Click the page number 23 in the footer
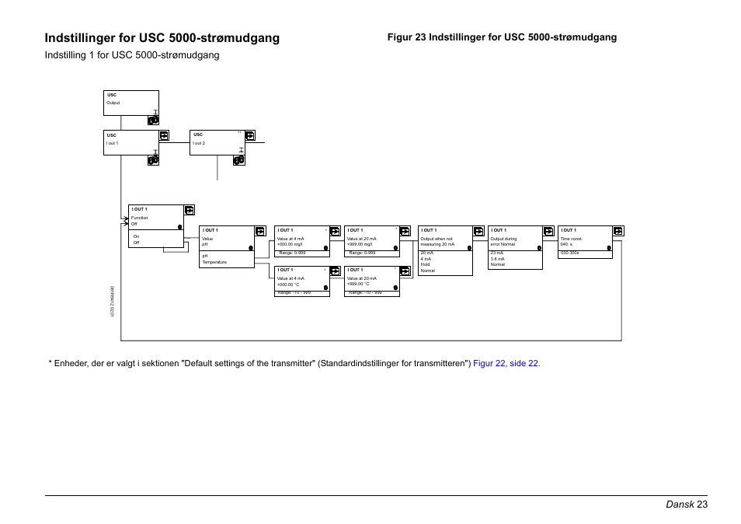[702, 505]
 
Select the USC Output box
[130, 103]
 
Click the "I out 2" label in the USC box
[199, 144]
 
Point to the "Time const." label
[571, 239]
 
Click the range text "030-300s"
[570, 253]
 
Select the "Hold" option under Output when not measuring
[426, 264]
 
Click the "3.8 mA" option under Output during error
[497, 259]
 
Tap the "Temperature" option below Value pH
[214, 262]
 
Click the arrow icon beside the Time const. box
[617, 231]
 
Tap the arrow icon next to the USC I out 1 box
[164, 135]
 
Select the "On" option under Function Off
[136, 236]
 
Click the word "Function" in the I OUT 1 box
[140, 218]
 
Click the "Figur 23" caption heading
[502, 37]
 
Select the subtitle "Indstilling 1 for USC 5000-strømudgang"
[132, 55]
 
